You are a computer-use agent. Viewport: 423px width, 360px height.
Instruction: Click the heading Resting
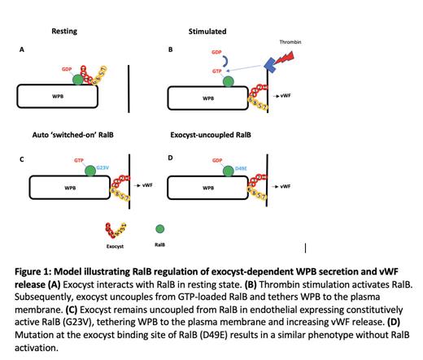coord(64,31)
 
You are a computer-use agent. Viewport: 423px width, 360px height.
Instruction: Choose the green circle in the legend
coord(159,229)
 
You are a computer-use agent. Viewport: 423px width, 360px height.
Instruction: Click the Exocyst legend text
coord(116,244)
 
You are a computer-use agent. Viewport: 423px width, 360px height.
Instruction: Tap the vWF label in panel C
coord(146,185)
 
